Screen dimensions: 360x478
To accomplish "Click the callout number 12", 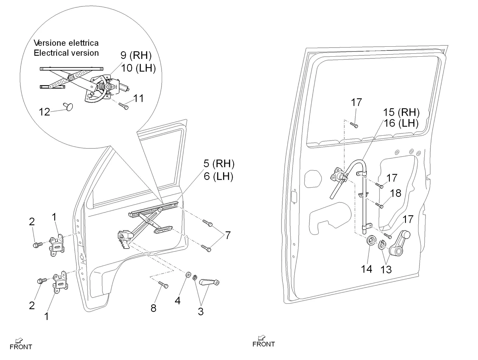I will tap(44, 112).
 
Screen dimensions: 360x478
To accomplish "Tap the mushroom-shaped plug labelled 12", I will tap(69, 107).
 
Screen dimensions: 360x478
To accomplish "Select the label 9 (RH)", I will tap(136, 55).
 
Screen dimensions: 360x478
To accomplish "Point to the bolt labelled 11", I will tap(124, 106).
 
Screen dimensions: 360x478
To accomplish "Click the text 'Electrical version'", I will tap(66, 53).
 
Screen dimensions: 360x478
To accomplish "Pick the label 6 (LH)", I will tap(218, 176).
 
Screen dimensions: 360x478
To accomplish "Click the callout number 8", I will tap(153, 308).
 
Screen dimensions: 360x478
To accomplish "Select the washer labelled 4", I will tap(189, 275).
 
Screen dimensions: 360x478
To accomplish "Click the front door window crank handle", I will tap(209, 282).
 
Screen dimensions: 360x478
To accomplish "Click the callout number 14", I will tap(366, 269).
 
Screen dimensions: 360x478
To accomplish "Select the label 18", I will tap(396, 193).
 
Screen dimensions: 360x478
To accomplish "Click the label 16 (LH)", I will tap(401, 123).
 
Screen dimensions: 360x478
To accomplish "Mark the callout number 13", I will tap(386, 270).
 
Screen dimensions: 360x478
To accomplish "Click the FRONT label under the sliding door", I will tap(264, 344).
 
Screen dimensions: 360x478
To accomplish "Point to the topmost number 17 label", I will tap(356, 102).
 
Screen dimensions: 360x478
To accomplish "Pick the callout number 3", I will tap(201, 311).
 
